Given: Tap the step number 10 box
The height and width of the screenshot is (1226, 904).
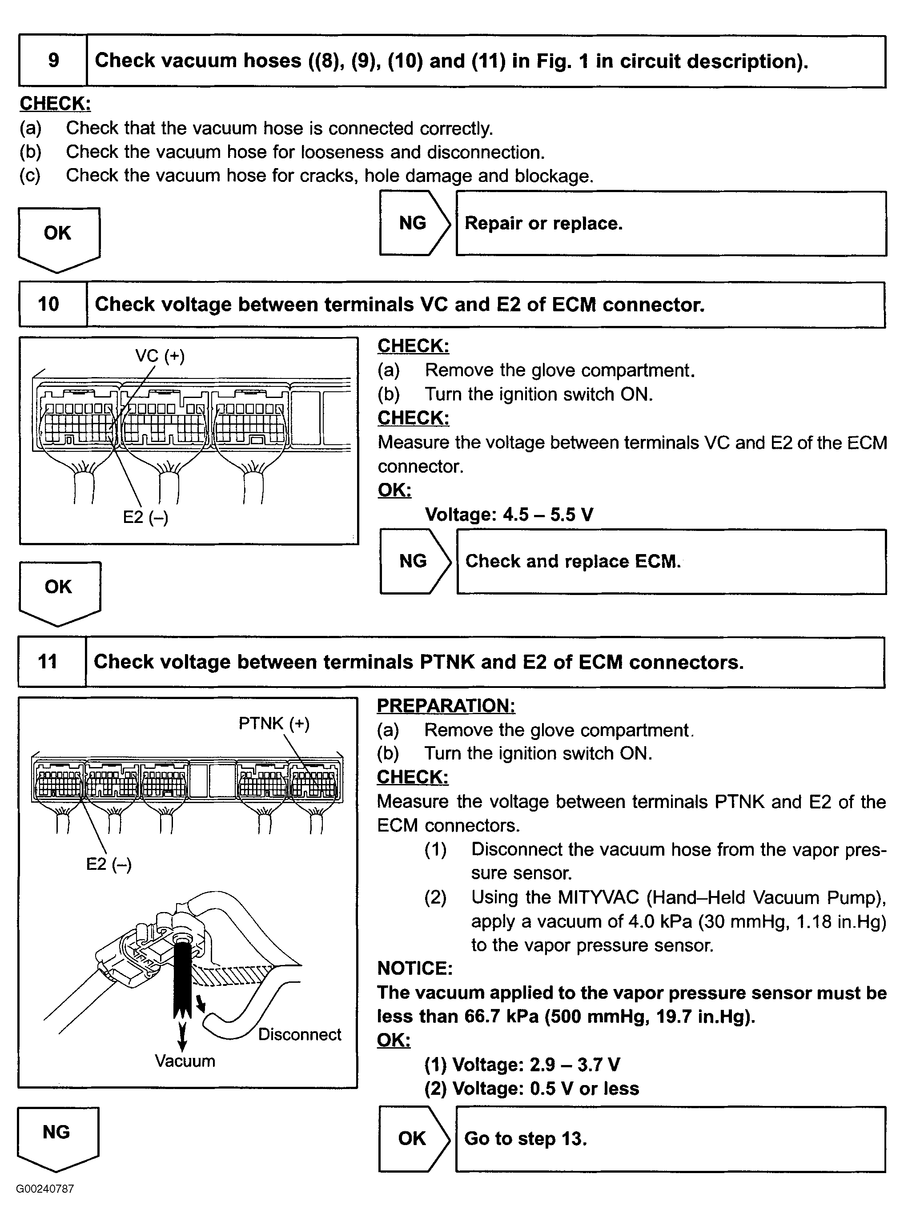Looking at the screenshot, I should [49, 304].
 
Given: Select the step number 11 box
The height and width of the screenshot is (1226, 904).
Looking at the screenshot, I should [48, 661].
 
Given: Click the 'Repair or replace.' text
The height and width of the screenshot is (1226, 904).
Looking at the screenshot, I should [543, 223].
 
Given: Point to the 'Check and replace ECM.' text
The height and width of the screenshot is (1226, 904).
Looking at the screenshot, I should [572, 562].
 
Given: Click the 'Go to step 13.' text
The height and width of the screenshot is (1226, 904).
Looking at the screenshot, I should [525, 1138].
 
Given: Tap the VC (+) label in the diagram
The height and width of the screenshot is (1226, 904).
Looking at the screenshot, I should [160, 356].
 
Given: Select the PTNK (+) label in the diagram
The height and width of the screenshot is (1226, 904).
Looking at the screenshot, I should [273, 724].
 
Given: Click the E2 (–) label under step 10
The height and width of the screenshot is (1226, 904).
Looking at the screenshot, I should [145, 517].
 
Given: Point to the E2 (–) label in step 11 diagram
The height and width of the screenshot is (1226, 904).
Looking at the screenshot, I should [108, 864].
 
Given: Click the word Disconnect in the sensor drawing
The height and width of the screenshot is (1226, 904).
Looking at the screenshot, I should [299, 1034].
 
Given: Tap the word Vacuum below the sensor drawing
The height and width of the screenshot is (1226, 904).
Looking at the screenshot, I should [185, 1061].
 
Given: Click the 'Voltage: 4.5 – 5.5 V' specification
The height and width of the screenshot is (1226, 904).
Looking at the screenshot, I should [509, 515].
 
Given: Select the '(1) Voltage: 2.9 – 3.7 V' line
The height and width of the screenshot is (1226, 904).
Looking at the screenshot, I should [522, 1065].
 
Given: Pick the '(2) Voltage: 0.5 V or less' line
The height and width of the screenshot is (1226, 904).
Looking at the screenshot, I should [531, 1089].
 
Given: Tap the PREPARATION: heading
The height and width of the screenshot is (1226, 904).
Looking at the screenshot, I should [446, 706].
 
